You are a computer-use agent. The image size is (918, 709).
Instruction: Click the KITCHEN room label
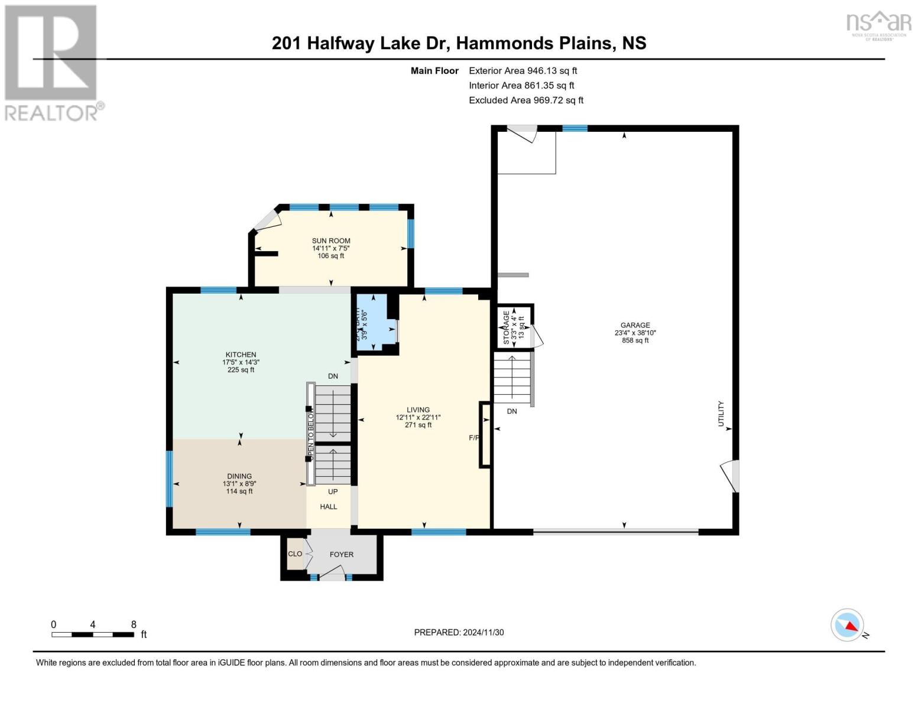pyautogui.click(x=241, y=354)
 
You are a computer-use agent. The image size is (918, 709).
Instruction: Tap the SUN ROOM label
pyautogui.click(x=331, y=240)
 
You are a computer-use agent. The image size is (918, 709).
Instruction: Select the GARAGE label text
pyautogui.click(x=635, y=325)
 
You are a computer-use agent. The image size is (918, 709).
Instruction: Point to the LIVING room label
pyautogui.click(x=418, y=409)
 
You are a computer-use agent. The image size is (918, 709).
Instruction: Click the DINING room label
pyautogui.click(x=239, y=476)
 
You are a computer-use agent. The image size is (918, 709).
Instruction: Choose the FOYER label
pyautogui.click(x=342, y=554)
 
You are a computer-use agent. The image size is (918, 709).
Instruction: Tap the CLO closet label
pyautogui.click(x=295, y=554)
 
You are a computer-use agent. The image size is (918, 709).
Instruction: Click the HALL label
pyautogui.click(x=329, y=506)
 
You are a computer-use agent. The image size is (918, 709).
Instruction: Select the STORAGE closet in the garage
pyautogui.click(x=514, y=327)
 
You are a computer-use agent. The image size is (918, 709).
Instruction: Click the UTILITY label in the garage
pyautogui.click(x=721, y=414)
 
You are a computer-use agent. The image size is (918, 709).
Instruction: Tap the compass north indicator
pyautogui.click(x=848, y=625)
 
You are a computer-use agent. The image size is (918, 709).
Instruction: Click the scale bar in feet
pyautogui.click(x=93, y=634)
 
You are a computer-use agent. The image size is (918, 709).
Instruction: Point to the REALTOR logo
pyautogui.click(x=52, y=62)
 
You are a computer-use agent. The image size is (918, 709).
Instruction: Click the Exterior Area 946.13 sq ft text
pyautogui.click(x=523, y=70)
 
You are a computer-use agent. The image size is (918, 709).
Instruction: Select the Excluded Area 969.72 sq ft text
pyautogui.click(x=526, y=100)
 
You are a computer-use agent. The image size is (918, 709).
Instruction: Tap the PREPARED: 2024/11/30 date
pyautogui.click(x=459, y=632)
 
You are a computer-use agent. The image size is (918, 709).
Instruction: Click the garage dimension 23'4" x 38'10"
pyautogui.click(x=635, y=333)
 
